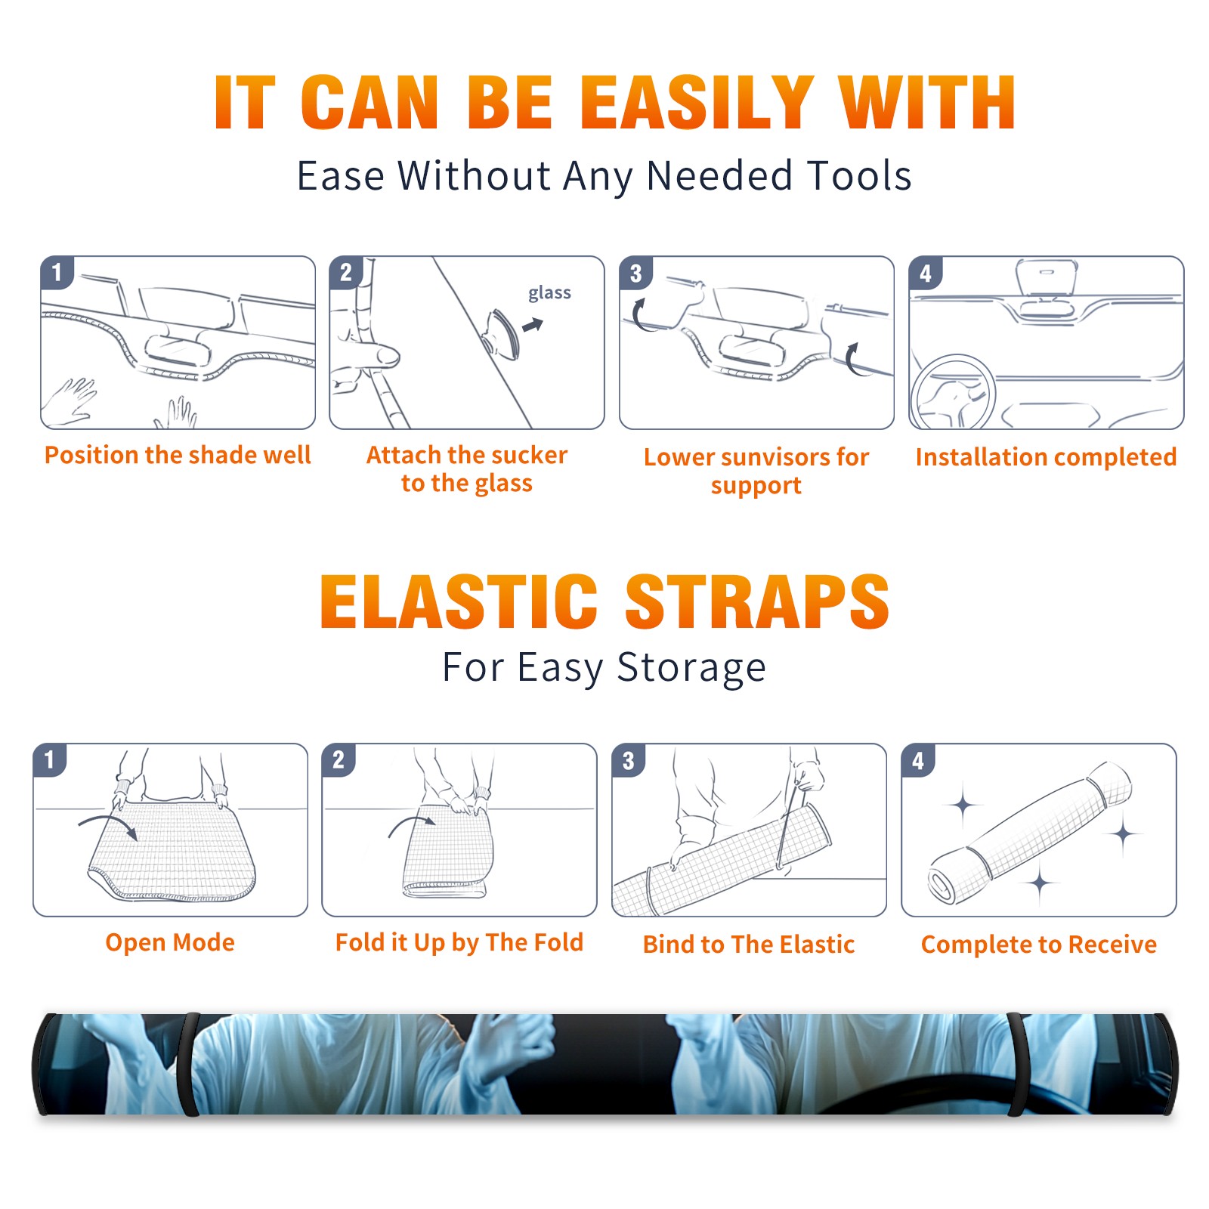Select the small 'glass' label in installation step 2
549,293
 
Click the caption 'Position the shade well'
178,455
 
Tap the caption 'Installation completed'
1046,457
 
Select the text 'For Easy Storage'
604,667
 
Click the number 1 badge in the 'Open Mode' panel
50,759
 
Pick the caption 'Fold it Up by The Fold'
459,942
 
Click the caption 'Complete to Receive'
1039,945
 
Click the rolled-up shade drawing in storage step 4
1031,833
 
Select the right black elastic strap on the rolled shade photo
1018,1064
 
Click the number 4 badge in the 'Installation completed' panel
926,273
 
